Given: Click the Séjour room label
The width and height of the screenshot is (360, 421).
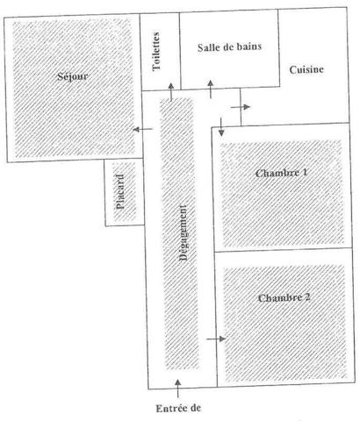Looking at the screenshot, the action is (73, 76).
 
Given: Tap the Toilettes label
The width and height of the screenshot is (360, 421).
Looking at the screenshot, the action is (156, 51).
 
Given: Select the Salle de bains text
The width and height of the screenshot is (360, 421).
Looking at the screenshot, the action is (229, 47).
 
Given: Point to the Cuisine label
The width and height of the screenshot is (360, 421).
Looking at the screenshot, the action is (306, 70).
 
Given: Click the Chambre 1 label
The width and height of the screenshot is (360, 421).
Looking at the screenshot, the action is (281, 173).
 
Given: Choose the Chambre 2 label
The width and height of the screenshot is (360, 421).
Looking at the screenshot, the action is (284, 298).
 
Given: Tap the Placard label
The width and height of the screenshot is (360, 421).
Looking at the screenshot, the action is (120, 192).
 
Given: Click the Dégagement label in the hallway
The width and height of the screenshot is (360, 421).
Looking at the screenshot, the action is (183, 232).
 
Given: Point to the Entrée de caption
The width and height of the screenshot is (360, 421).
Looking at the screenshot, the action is (178, 408).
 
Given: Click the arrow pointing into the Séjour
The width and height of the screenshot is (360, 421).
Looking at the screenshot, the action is (142, 129).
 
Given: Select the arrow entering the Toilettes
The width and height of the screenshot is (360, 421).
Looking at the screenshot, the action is (171, 92).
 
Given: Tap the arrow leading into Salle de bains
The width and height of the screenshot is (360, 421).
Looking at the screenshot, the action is (211, 89).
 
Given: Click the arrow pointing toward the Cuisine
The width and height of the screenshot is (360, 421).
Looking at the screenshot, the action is (241, 107).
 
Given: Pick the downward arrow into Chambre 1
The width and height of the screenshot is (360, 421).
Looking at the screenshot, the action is (221, 127).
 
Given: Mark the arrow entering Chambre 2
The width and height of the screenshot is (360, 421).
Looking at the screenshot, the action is (216, 339).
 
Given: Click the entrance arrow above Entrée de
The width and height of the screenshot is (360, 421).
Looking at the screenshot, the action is (177, 389).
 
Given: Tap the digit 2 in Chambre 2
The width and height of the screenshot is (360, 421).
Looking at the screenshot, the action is (307, 297).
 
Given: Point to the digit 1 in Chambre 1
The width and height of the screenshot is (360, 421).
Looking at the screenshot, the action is (305, 173).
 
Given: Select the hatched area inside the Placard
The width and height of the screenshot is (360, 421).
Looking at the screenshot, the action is (125, 192).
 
